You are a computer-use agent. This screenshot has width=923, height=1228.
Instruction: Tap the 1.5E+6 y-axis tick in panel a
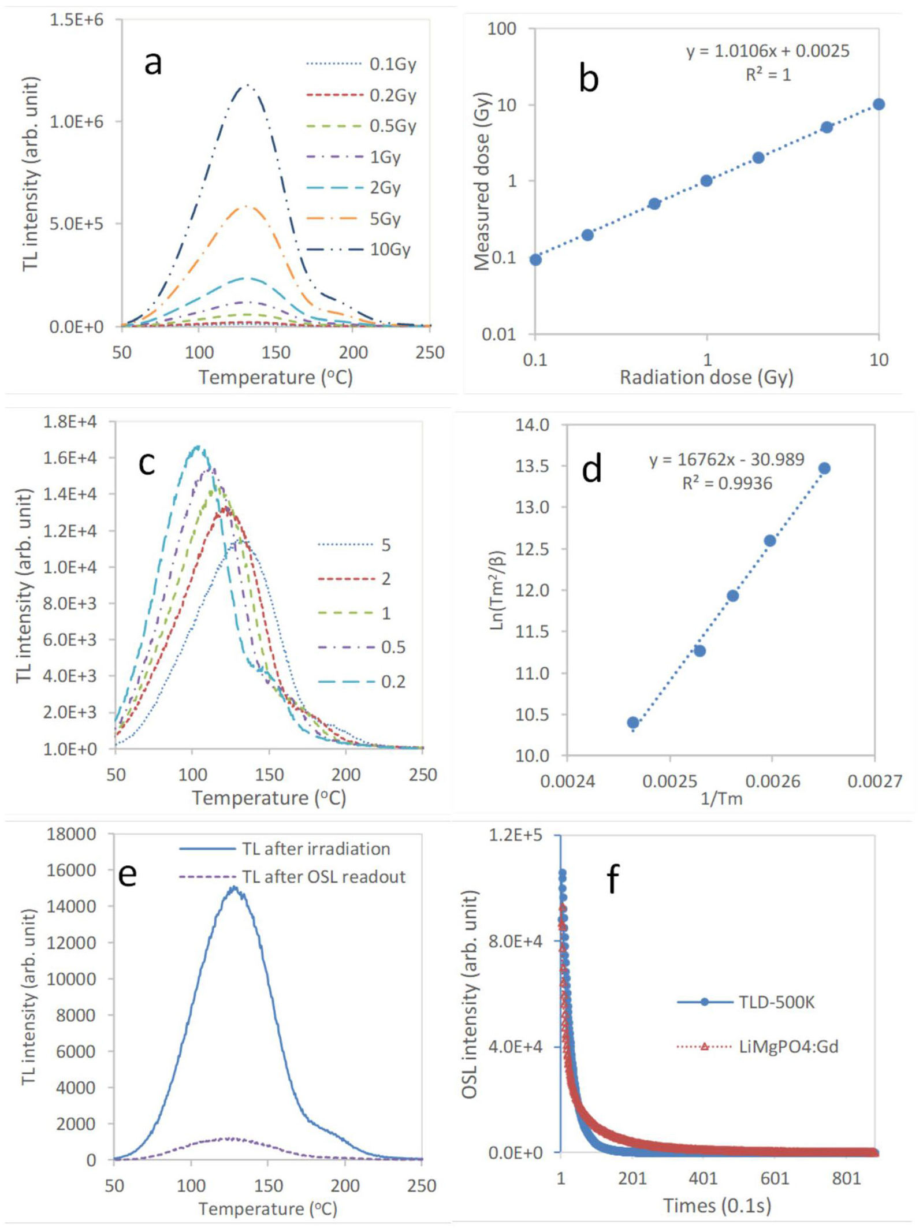76,20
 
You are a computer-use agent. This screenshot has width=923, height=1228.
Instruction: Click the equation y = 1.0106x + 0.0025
768,51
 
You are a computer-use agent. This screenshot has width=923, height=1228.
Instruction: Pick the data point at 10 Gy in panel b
879,105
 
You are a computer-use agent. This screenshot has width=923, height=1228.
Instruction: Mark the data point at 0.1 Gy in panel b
535,259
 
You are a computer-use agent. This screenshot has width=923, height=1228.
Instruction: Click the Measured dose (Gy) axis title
482,181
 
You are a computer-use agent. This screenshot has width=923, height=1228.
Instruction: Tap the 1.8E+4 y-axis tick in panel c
70,422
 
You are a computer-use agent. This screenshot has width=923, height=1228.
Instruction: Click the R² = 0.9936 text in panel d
727,483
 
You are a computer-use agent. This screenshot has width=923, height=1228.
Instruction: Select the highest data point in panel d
824,468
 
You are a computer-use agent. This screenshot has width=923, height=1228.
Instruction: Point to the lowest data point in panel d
633,723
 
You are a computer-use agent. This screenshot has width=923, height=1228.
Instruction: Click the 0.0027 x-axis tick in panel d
874,782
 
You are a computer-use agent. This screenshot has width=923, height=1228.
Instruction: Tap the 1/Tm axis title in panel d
721,799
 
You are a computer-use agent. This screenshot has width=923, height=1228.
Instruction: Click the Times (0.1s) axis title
717,1205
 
